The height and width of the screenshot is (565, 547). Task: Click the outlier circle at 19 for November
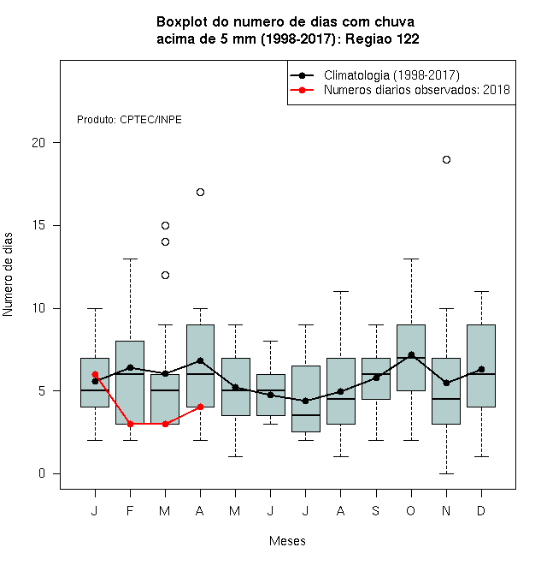pyautogui.click(x=446, y=159)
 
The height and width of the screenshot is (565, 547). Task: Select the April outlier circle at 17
pyautogui.click(x=201, y=192)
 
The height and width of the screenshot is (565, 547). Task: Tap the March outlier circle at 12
pyautogui.click(x=165, y=276)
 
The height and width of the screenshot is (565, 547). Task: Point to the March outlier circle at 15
pyautogui.click(x=165, y=225)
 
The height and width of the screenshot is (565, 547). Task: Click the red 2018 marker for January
pyautogui.click(x=95, y=374)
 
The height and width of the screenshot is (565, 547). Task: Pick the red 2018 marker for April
pyautogui.click(x=201, y=407)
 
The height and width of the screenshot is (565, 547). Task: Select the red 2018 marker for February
pyautogui.click(x=130, y=424)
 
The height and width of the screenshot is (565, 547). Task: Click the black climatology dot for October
pyautogui.click(x=411, y=355)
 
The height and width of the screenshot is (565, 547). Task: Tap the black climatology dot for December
pyautogui.click(x=481, y=369)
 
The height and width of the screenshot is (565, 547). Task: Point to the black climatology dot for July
pyautogui.click(x=305, y=401)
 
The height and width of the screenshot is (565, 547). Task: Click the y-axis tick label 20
pyautogui.click(x=38, y=143)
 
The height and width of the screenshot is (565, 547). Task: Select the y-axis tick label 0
pyautogui.click(x=42, y=473)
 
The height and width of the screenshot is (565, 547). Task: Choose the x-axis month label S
pyautogui.click(x=376, y=510)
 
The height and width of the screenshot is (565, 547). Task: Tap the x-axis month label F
pyautogui.click(x=130, y=510)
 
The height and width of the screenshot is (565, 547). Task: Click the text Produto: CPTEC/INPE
pyautogui.click(x=129, y=120)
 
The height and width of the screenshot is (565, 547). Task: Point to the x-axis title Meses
pyautogui.click(x=287, y=541)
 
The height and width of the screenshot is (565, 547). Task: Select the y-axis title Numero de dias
pyautogui.click(x=8, y=275)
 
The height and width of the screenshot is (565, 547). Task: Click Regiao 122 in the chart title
pyautogui.click(x=382, y=39)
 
